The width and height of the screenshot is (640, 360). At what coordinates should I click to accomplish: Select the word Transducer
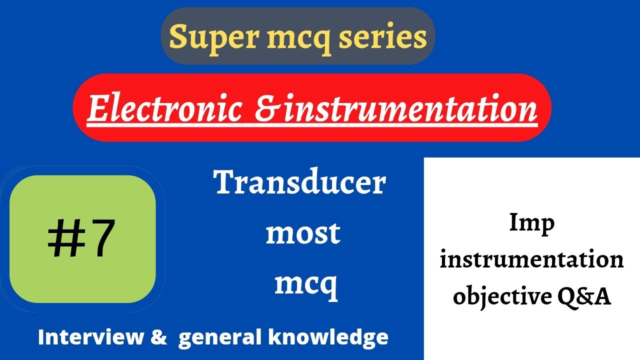coord(300,183)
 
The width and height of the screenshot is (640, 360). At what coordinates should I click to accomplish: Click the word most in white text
coord(302,233)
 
